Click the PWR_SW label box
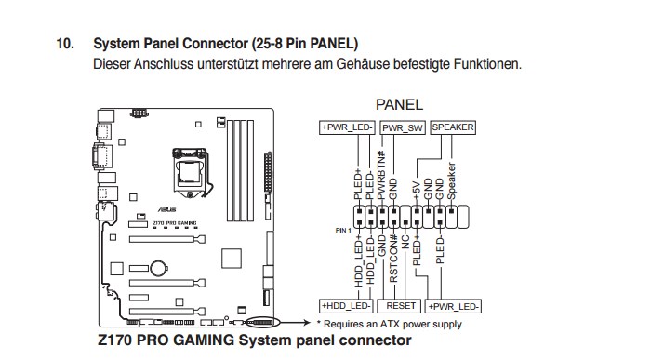tap(403, 127)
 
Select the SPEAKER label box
tap(453, 127)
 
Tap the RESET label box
tap(400, 306)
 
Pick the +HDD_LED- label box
tap(346, 306)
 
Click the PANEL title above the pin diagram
tap(399, 104)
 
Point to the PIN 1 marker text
tap(343, 231)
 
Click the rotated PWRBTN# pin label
tap(381, 175)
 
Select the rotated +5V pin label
tap(417, 191)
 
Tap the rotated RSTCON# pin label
tap(393, 259)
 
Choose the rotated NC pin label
tap(405, 242)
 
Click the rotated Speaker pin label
tap(451, 181)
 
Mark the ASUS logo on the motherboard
tap(166, 209)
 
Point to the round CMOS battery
tap(159, 268)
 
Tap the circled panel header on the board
tap(263, 323)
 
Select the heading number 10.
tap(65, 44)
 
